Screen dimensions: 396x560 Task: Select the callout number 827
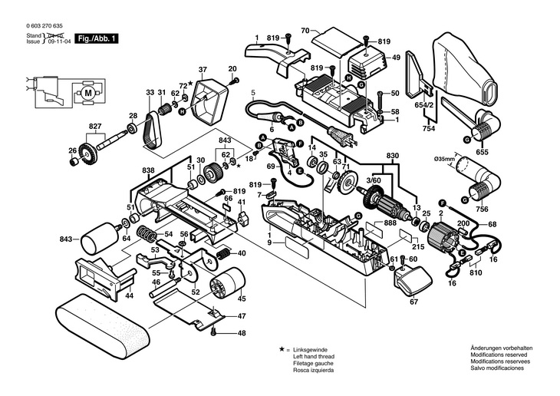[94, 126]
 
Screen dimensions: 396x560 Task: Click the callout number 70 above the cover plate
[304, 31]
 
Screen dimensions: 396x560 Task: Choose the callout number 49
[396, 57]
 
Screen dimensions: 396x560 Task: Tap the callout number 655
[483, 152]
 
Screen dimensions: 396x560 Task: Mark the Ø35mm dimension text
[445, 159]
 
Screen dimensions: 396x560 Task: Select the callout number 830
[392, 156]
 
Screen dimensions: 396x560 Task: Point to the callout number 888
[390, 223]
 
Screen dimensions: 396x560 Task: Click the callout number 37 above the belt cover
[203, 69]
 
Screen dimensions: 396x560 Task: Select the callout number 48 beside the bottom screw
[241, 333]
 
